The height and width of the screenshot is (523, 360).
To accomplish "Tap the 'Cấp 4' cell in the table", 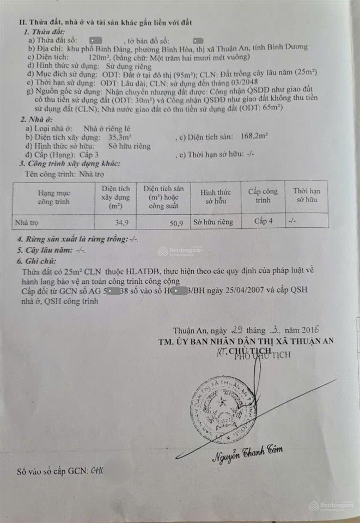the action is click(263, 221).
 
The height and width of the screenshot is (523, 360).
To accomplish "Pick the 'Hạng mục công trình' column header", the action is click(53, 197).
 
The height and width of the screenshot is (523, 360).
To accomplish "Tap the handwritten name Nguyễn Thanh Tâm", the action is click(247, 454).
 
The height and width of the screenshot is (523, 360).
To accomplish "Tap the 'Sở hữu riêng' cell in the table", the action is click(216, 222).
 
